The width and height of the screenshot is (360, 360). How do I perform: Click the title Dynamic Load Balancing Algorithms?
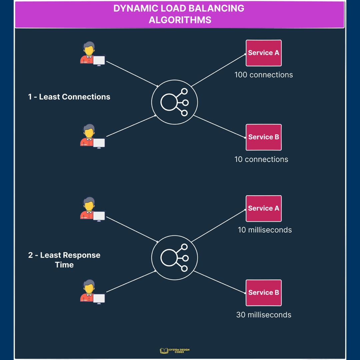[x=179, y=14]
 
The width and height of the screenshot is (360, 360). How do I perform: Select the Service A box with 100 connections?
[x=263, y=53]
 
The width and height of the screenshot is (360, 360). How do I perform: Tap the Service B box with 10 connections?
[x=263, y=137]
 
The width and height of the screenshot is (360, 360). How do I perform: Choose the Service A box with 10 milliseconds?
[x=263, y=208]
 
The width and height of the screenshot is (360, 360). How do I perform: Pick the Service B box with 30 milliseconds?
[x=263, y=293]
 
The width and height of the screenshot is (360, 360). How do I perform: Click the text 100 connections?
[x=263, y=75]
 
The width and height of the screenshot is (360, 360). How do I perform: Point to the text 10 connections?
[x=261, y=159]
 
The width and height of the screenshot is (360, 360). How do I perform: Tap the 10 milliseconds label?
[x=265, y=230]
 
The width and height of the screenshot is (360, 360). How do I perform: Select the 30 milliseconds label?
[x=264, y=315]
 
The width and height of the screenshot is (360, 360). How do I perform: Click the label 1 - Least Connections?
[x=69, y=97]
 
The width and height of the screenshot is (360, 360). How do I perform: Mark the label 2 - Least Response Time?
[x=64, y=260]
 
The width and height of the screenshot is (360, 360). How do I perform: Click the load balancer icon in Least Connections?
[x=174, y=102]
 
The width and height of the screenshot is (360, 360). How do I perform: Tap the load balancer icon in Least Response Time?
[x=174, y=258]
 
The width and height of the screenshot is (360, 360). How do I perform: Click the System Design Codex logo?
[x=174, y=351]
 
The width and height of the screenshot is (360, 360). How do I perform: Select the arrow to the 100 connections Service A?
[x=218, y=70]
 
